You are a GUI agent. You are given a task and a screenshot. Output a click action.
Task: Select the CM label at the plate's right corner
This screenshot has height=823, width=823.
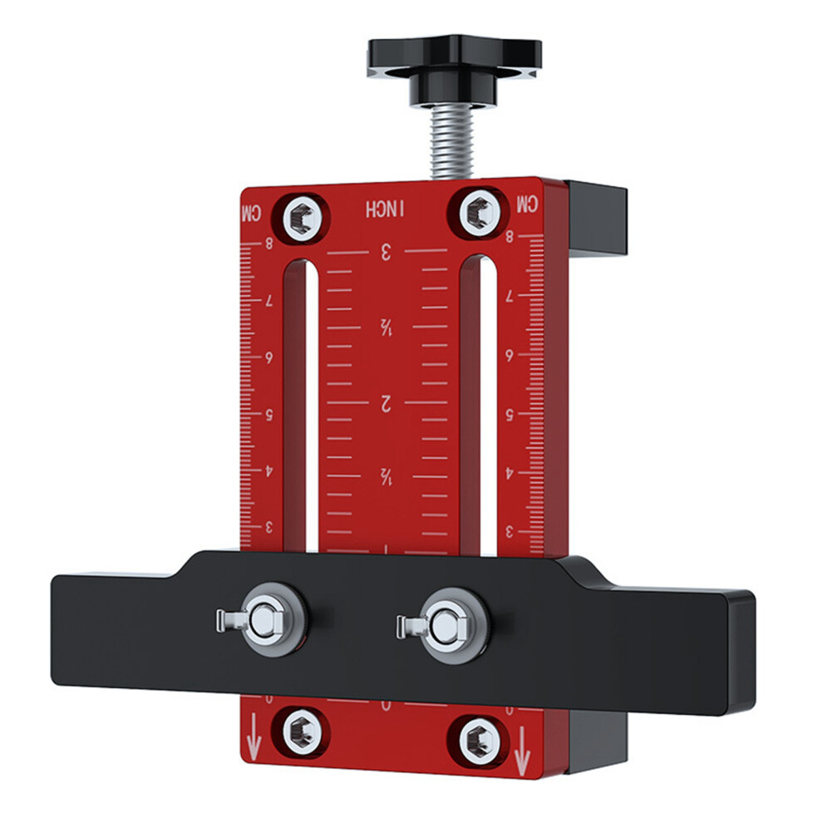point(527,205)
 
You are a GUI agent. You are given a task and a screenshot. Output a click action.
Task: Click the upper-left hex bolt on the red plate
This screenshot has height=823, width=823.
point(303,219)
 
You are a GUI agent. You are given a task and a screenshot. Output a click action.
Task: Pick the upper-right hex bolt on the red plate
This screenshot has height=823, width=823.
point(478,211)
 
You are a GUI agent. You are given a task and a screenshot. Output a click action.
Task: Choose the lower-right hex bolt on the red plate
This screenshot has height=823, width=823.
point(479,737)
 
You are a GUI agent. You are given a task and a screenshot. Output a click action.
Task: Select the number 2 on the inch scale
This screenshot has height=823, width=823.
point(386,404)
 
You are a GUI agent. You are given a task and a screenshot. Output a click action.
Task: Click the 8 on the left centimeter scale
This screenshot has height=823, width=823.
point(269,244)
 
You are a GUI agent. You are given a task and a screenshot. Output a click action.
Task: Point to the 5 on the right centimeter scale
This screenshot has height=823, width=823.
point(509,412)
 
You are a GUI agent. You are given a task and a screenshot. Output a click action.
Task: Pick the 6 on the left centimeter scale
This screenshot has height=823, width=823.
point(269,357)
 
